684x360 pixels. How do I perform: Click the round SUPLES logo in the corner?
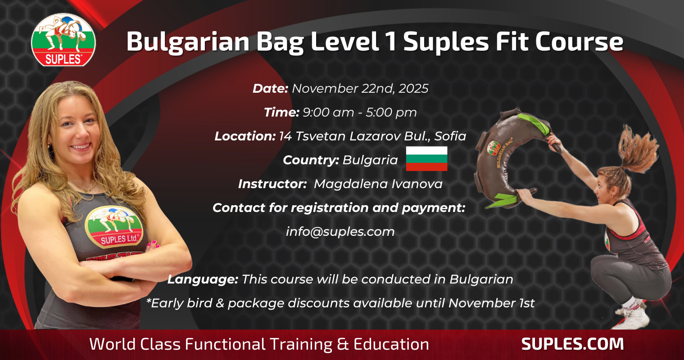point(63,40)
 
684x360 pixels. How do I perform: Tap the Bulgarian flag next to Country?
point(426,159)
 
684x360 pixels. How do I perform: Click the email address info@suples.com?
point(340,232)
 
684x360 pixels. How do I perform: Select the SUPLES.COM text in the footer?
point(572,344)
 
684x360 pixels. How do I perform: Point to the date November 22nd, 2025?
point(360,89)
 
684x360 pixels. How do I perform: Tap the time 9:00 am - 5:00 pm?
point(359,112)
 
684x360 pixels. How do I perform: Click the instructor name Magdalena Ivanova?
point(378,184)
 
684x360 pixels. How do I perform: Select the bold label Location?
point(245,136)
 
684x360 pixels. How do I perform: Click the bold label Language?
point(203,279)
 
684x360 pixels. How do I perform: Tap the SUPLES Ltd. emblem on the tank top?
point(114,227)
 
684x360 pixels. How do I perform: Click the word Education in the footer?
point(391,344)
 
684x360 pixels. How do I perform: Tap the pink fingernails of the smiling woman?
point(153,243)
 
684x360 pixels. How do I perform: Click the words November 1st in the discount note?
point(491,303)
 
